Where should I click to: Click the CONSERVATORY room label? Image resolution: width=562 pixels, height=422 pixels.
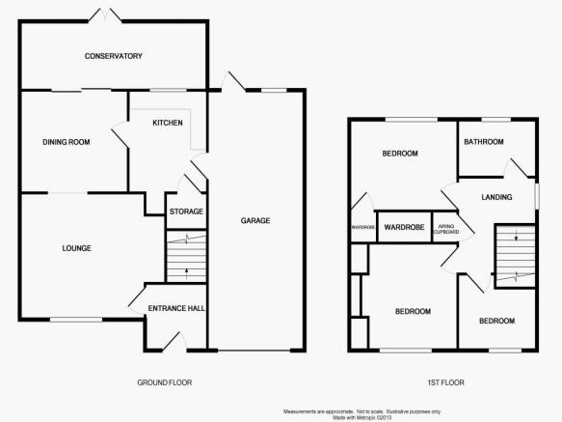113,56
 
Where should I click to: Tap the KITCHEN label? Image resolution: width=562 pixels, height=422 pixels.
168,123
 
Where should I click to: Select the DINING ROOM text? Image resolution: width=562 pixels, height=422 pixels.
67,142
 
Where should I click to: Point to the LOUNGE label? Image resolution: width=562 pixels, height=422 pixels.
77,248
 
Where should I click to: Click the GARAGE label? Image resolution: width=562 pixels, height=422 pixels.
255,220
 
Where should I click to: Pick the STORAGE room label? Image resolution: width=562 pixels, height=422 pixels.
186,211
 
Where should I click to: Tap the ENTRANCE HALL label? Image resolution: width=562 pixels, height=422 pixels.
176,308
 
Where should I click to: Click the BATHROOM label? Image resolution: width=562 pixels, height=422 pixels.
484,142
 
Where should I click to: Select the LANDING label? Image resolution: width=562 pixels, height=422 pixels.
496,197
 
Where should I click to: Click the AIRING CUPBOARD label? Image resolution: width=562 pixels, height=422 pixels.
446,229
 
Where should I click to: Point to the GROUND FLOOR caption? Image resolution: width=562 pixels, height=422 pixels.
165,382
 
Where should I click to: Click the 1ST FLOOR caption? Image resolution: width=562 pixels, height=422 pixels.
446,382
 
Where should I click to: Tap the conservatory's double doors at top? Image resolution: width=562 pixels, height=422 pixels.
105,15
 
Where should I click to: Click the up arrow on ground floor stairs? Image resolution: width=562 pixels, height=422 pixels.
186,273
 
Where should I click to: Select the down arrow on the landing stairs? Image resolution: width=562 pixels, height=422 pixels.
516,236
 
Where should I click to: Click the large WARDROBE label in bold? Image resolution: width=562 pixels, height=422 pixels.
404,227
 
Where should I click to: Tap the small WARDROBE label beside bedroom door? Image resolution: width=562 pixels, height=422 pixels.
363,227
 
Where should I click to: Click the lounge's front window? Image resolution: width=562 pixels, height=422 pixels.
76,320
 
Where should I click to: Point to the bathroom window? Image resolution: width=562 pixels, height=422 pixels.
496,120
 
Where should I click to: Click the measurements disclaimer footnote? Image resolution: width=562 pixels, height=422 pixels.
362,414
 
